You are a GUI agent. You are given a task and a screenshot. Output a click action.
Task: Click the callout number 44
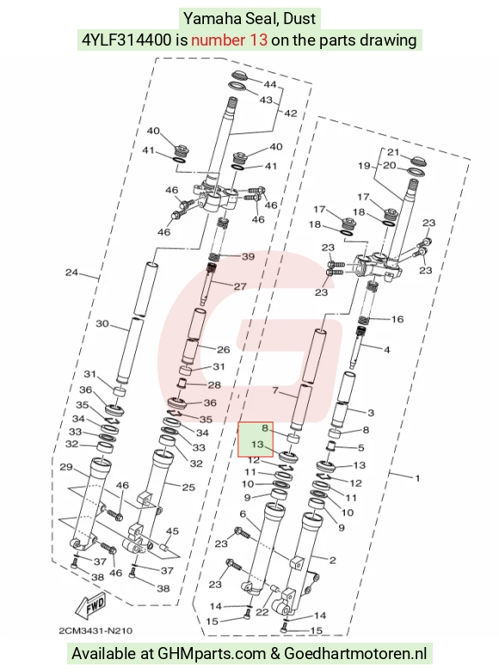coord(270,84)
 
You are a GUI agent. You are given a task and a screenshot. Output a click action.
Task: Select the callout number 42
coord(290,114)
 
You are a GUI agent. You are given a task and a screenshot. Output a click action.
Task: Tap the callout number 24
coord(71,272)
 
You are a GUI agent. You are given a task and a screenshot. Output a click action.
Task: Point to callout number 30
coord(102,324)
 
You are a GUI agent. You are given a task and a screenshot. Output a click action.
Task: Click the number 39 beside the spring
coord(249,256)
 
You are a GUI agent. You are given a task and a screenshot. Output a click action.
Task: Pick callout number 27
coord(240,287)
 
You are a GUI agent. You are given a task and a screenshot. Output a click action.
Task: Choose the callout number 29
coord(65,466)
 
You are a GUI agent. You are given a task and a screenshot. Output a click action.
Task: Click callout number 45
coord(172,531)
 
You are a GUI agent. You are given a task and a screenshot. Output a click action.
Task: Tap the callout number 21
coord(393,151)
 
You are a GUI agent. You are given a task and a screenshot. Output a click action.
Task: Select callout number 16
coord(397,319)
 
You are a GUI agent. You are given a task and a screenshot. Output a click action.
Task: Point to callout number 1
coord(418,478)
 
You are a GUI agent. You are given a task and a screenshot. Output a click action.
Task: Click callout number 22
coord(262,612)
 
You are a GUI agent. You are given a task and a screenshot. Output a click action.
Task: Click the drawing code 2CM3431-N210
coord(95,631)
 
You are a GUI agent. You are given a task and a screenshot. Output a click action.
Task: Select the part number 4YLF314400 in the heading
coord(126,40)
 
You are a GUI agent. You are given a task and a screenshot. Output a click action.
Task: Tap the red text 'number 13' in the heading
coord(230,40)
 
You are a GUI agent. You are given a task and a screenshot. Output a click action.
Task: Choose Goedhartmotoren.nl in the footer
coord(355,654)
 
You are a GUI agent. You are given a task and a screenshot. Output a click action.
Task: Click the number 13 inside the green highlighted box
coord(257,444)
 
